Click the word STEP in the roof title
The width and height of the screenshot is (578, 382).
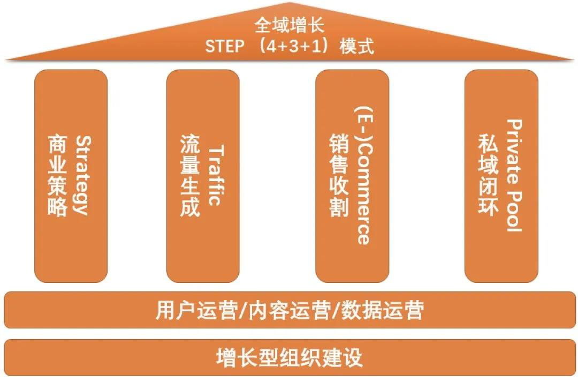(x=224, y=46)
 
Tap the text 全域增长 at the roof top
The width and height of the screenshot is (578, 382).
(x=290, y=26)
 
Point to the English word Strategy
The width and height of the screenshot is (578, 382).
(x=82, y=175)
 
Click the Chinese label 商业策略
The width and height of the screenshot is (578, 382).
(x=58, y=175)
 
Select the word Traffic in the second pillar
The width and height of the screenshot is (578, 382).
(x=216, y=175)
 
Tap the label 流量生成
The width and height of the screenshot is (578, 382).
(x=190, y=175)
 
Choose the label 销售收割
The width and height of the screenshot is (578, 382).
(x=339, y=175)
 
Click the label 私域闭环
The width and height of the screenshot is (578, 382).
(x=488, y=175)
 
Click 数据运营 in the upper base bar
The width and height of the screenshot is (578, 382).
(x=383, y=310)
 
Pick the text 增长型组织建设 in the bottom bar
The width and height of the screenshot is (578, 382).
(x=290, y=357)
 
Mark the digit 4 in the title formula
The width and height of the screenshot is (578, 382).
(x=272, y=46)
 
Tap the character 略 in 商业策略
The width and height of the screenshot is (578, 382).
(x=58, y=207)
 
